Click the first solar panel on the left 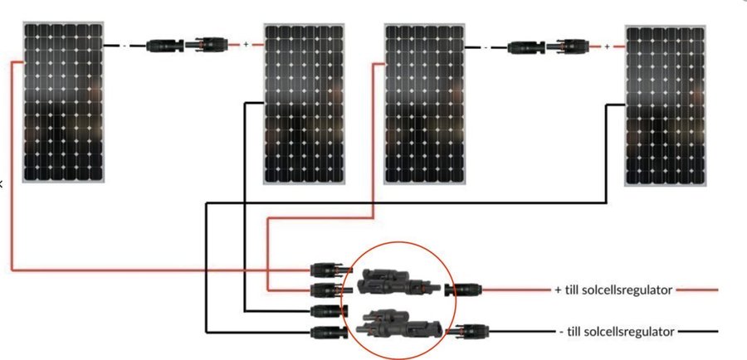(63, 102)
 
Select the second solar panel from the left (304, 104)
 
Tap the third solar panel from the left (424, 104)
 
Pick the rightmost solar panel (665, 105)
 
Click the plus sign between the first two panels (246, 44)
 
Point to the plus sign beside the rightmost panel (607, 46)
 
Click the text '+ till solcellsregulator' (613, 289)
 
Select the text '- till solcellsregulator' (617, 332)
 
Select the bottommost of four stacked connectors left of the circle (327, 333)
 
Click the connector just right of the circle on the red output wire (463, 289)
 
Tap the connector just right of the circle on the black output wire (469, 330)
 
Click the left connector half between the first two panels (165, 46)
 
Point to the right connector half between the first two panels (207, 44)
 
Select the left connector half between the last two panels (526, 47)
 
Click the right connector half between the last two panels (568, 46)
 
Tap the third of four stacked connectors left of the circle (329, 311)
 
